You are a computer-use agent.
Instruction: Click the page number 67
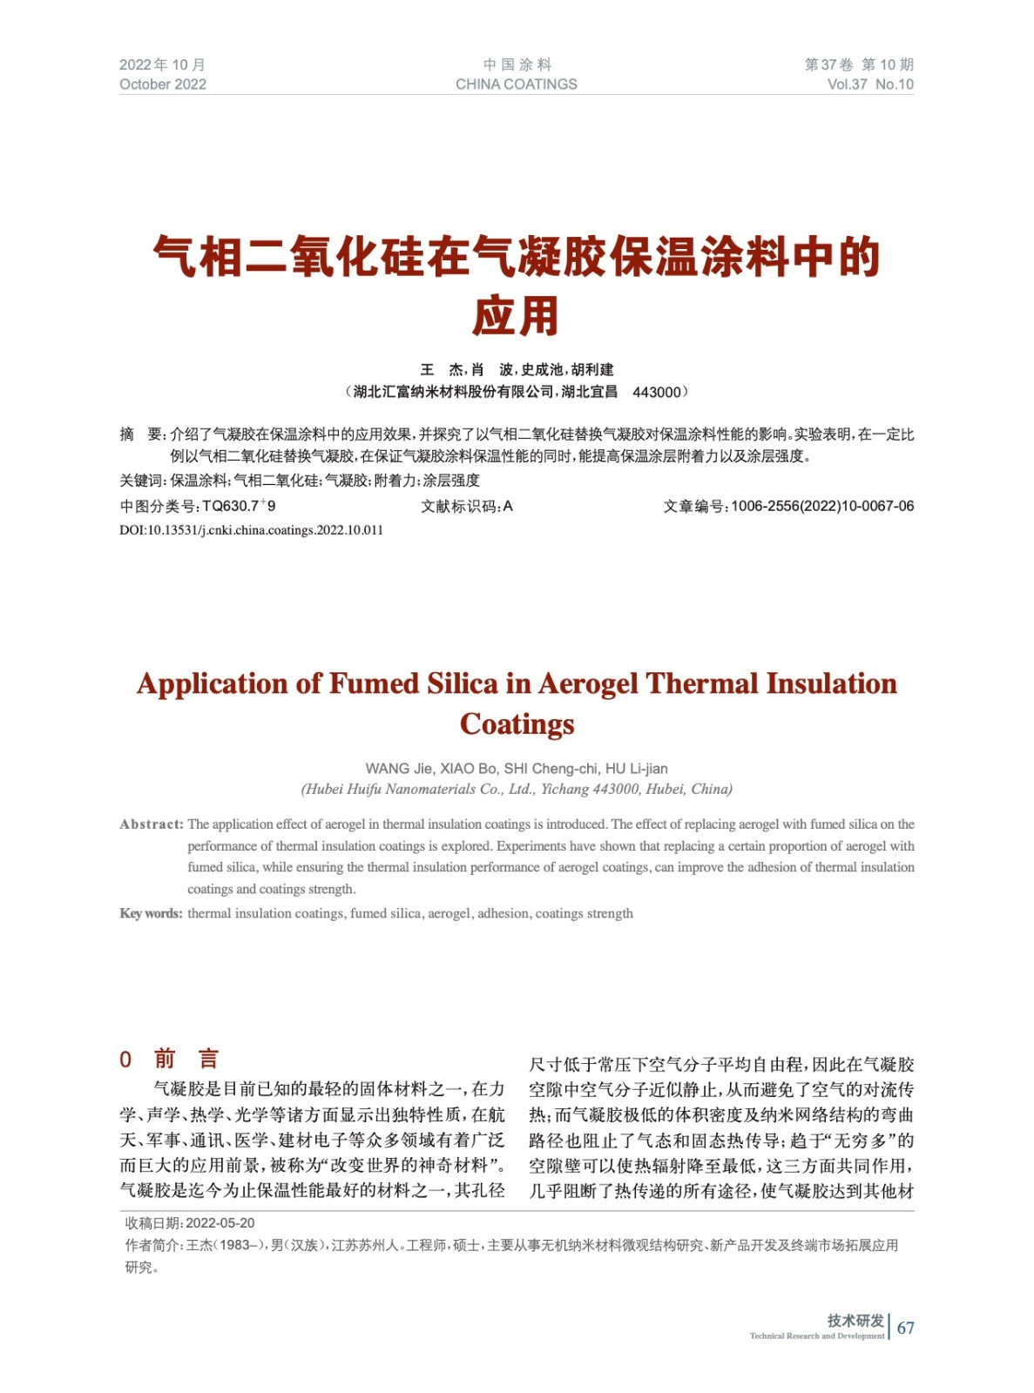tap(906, 1328)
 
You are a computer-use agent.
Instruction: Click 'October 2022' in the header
tap(163, 84)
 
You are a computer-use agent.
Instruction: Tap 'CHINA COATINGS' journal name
tap(516, 84)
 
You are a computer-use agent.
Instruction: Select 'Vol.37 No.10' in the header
tap(869, 84)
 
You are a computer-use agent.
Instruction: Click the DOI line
tap(251, 530)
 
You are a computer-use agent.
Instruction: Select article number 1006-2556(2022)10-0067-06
tap(822, 506)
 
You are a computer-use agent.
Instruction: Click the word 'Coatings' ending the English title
tap(517, 724)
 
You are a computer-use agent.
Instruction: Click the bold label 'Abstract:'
tap(152, 824)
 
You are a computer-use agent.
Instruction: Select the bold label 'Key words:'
tap(151, 913)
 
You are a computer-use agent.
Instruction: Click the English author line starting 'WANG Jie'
tap(517, 769)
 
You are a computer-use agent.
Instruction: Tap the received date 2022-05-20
tap(220, 1223)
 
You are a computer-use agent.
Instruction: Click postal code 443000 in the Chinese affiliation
tap(657, 392)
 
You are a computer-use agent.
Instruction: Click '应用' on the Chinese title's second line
tap(516, 316)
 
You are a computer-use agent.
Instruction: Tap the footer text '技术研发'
tap(855, 1321)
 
